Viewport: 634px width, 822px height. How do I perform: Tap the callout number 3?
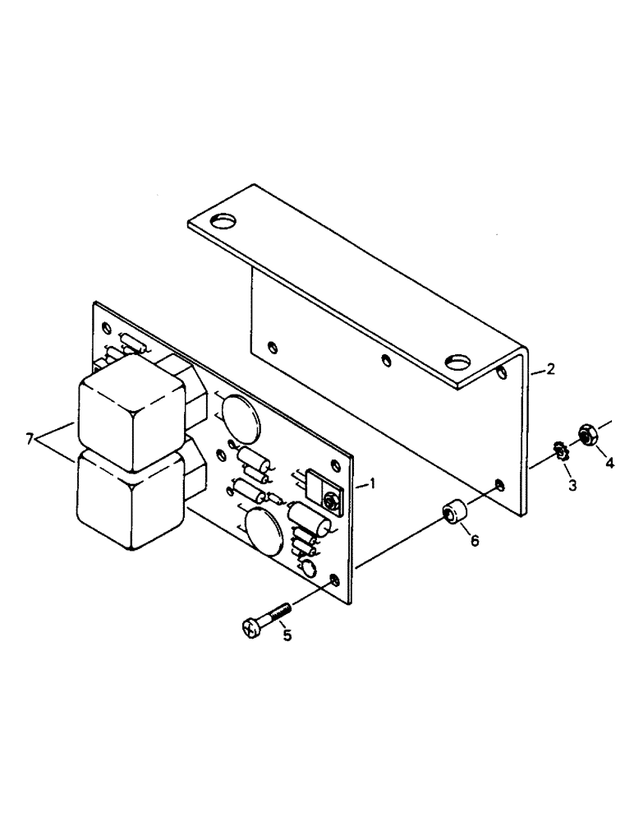[572, 485]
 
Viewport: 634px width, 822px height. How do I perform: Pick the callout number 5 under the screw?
[287, 635]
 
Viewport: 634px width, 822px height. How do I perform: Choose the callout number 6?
[474, 540]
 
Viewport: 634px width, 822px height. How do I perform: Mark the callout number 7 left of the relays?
[30, 440]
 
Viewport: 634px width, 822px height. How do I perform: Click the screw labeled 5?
[264, 618]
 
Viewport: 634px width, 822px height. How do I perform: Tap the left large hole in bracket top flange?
[223, 221]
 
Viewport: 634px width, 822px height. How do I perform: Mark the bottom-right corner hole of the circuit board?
[333, 582]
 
